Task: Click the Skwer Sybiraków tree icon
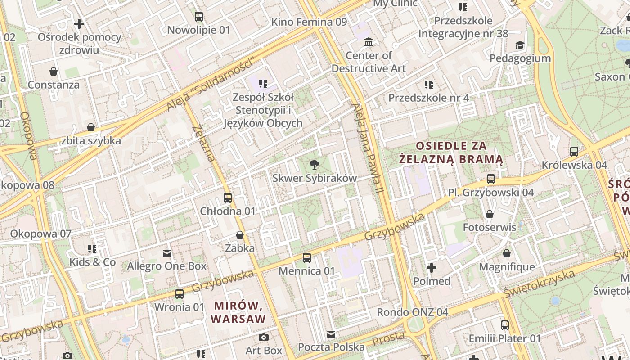tap(315, 165)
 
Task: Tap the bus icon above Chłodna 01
tap(228, 198)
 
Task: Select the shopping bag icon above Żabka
tap(240, 235)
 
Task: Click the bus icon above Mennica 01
tap(307, 258)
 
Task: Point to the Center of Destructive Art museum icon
tap(369, 42)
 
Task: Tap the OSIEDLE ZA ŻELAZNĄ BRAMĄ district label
tap(451, 153)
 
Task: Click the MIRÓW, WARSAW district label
tap(238, 312)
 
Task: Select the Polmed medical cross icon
tap(432, 268)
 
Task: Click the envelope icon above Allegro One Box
tap(167, 253)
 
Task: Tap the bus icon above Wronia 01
tap(180, 294)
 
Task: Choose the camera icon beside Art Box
tap(264, 337)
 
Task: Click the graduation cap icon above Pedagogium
tap(520, 45)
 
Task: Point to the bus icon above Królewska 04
tap(574, 152)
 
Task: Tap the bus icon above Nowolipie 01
tap(198, 17)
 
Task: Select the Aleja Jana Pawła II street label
tap(368, 148)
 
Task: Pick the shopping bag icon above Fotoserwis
tap(490, 214)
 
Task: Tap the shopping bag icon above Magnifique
tap(507, 253)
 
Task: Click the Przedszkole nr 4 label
tap(429, 98)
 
